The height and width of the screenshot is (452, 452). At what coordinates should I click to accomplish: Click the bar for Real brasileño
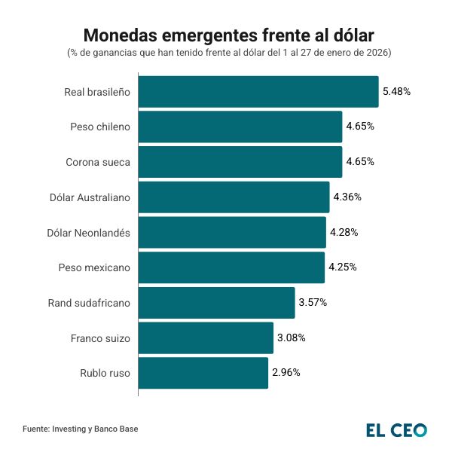pyautogui.click(x=258, y=92)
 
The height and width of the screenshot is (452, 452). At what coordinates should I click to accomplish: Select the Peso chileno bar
pyautogui.click(x=240, y=127)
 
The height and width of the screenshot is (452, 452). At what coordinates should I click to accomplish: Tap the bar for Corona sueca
pyautogui.click(x=240, y=162)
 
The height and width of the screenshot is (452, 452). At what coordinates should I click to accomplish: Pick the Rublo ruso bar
pyautogui.click(x=203, y=373)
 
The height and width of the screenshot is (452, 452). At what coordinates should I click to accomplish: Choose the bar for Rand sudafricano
pyautogui.click(x=216, y=303)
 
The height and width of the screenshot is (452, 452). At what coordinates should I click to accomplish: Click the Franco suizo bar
pyautogui.click(x=206, y=337)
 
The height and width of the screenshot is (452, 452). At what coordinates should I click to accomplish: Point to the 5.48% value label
pyautogui.click(x=396, y=92)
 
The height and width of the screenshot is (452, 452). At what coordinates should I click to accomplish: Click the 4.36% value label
pyautogui.click(x=347, y=197)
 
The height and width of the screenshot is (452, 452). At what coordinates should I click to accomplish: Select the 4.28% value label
pyautogui.click(x=344, y=232)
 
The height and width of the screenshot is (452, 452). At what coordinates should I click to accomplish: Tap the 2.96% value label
pyautogui.click(x=286, y=373)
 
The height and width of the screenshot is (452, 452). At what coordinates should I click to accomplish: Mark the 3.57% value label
pyautogui.click(x=313, y=303)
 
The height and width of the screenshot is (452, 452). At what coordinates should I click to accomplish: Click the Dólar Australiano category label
pyautogui.click(x=90, y=197)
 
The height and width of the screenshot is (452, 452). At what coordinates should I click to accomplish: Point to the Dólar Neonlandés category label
pyautogui.click(x=89, y=232)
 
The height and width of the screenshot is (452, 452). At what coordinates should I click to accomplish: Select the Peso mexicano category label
pyautogui.click(x=94, y=267)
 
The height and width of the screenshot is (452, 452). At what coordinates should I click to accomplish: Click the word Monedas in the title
pyautogui.click(x=118, y=35)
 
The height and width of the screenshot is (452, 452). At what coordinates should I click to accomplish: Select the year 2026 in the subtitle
pyautogui.click(x=377, y=53)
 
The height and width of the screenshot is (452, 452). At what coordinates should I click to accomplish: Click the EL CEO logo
pyautogui.click(x=396, y=430)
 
